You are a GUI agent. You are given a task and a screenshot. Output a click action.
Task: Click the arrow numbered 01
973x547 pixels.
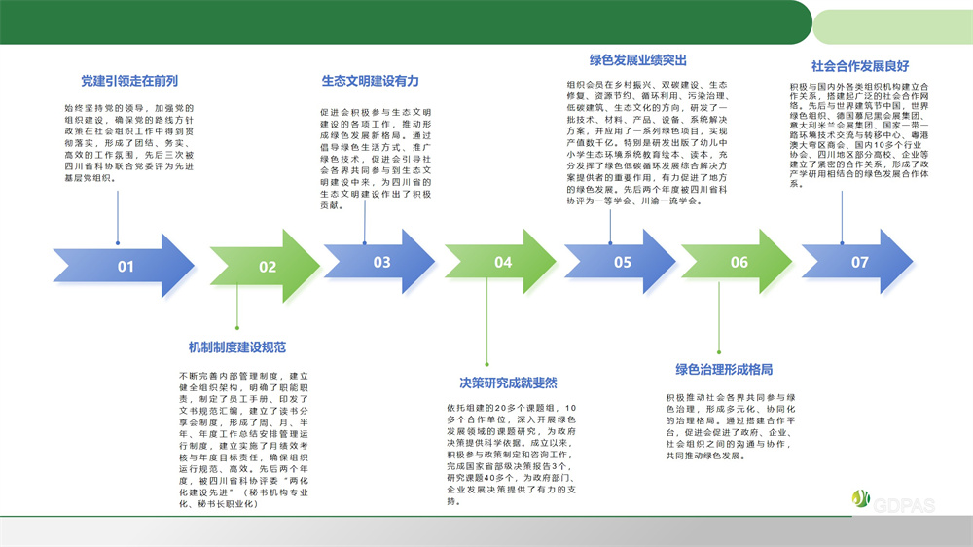click(x=124, y=266)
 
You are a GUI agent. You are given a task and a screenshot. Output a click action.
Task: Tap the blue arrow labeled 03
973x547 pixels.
click(x=380, y=262)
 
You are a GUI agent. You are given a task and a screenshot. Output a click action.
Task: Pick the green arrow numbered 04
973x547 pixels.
click(x=502, y=262)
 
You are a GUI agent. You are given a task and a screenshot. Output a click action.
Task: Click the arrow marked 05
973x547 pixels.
click(x=622, y=262)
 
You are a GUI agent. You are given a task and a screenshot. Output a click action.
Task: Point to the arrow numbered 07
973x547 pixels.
click(x=859, y=262)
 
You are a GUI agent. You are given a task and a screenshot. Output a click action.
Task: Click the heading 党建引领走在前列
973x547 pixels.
click(x=129, y=81)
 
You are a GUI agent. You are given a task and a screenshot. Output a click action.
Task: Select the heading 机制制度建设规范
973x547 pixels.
click(x=236, y=346)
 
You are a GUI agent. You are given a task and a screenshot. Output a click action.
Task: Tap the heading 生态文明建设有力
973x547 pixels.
click(x=371, y=81)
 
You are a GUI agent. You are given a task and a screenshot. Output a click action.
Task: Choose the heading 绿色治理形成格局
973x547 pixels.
click(x=724, y=370)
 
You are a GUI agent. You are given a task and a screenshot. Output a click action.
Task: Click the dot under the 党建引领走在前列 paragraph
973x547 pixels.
click(x=117, y=242)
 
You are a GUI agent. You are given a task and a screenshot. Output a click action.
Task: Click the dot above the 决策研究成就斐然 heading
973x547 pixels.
click(x=486, y=364)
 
